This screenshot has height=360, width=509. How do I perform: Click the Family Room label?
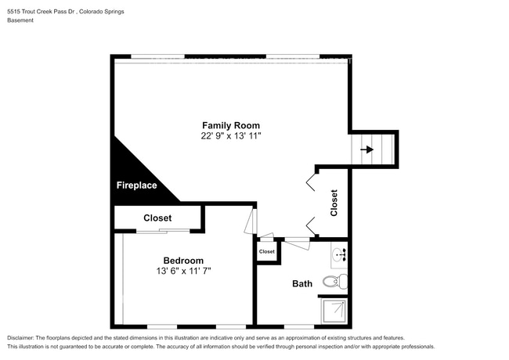[230, 125]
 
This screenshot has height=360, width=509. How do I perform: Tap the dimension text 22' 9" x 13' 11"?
[230, 135]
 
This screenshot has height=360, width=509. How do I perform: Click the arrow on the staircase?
[366, 148]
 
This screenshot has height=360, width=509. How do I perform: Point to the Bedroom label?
[183, 261]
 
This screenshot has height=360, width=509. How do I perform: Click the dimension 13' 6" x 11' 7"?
[183, 271]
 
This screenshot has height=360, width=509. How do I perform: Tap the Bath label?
[302, 283]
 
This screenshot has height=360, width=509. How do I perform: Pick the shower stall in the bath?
[335, 311]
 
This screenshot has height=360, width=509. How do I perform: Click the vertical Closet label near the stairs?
[334, 203]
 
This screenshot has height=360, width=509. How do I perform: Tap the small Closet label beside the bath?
[267, 252]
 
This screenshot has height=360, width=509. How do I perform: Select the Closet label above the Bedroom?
[157, 218]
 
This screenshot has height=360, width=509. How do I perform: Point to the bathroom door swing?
[296, 243]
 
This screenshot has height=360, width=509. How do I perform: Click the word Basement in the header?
[21, 20]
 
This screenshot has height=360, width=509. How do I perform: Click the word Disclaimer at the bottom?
[21, 338]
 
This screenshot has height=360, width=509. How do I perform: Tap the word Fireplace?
[136, 185]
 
